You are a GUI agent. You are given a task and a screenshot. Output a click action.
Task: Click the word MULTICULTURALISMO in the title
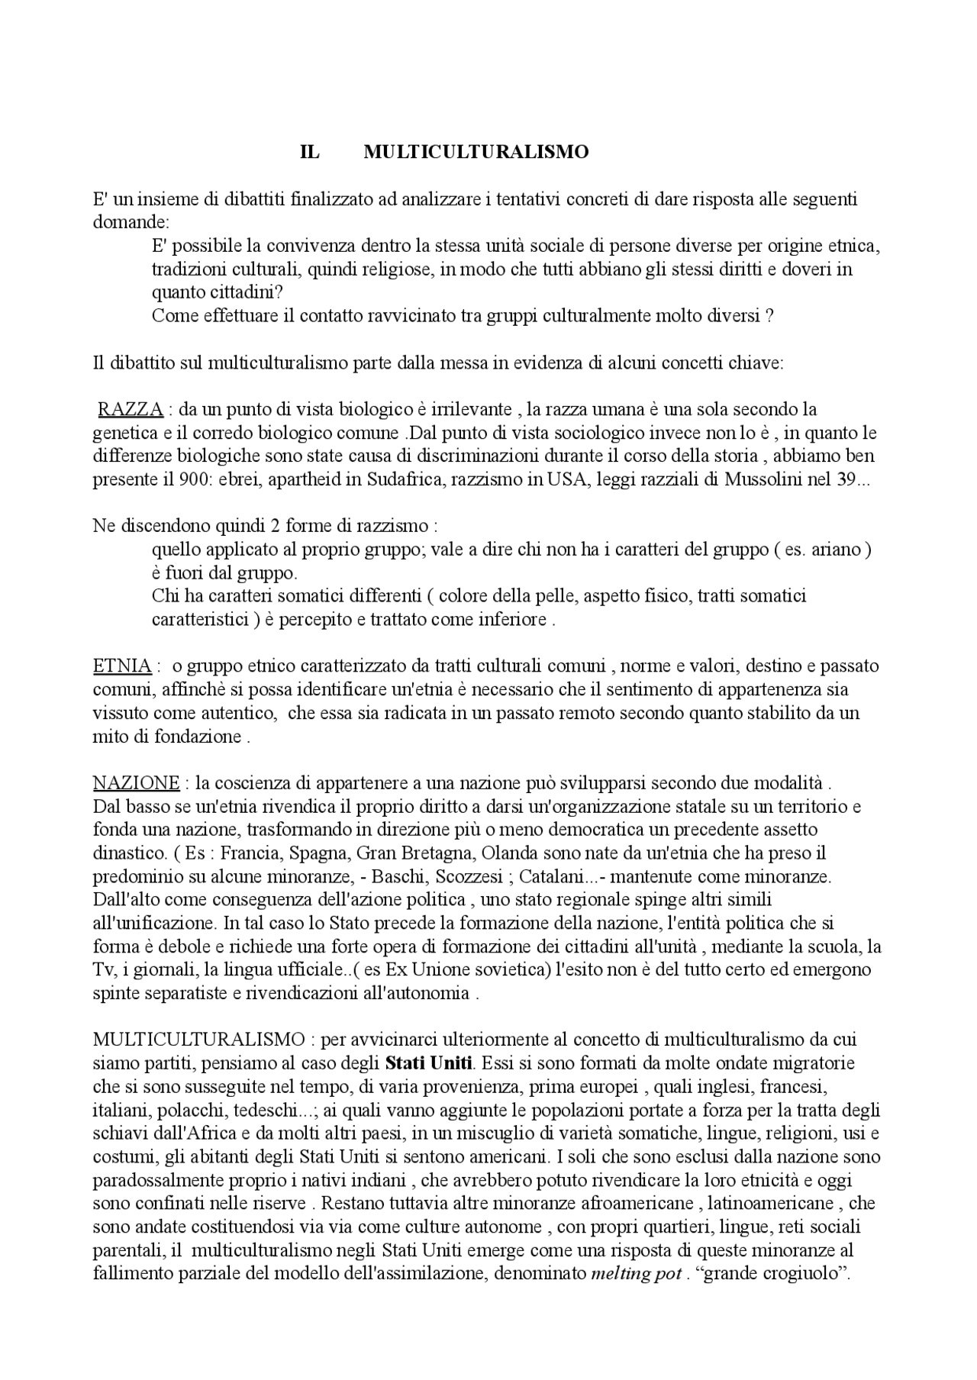[x=476, y=153]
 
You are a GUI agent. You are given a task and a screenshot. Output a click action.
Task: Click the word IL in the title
[x=310, y=153]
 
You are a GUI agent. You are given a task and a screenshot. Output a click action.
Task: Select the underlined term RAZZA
[x=131, y=410]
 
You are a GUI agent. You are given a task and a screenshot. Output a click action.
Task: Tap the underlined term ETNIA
[x=122, y=666]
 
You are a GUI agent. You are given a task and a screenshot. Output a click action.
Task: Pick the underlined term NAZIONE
[x=136, y=783]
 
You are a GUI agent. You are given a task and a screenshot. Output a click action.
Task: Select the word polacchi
[x=181, y=1110]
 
